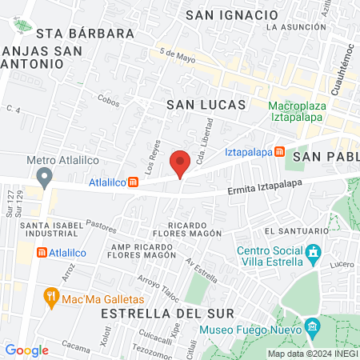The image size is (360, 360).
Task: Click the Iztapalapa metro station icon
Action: tap(279, 151)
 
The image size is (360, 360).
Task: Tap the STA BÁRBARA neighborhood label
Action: tap(85, 34)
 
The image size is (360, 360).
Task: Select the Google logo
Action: tap(27, 350)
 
